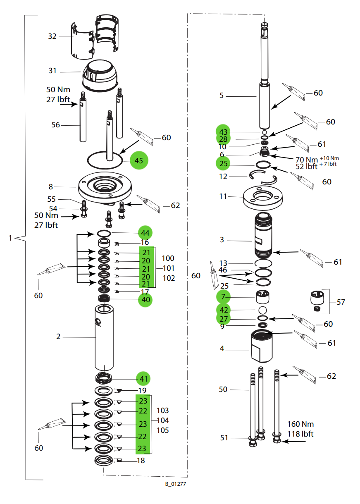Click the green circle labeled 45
138,161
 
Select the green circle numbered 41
143,378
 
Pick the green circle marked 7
224,296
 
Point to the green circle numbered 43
224,132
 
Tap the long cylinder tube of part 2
105,337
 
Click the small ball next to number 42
262,310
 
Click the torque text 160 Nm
300,424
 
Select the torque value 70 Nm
305,160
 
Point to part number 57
341,302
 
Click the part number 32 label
52,36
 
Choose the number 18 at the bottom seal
141,461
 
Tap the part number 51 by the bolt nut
224,438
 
